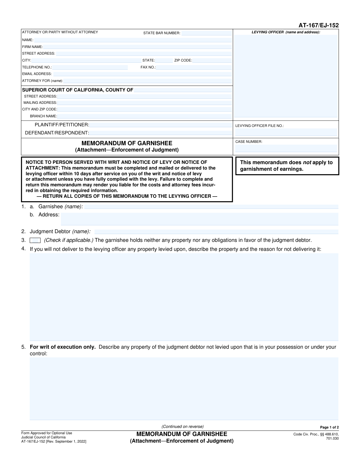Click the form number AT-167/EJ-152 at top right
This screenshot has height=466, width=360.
point(318,26)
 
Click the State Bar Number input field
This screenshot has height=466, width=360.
point(207,33)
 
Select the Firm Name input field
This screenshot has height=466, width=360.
point(137,47)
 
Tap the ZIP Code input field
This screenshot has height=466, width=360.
point(212,60)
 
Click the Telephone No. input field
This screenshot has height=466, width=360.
point(90,67)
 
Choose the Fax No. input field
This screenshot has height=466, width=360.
point(194,67)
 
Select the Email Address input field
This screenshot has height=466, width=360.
point(142,74)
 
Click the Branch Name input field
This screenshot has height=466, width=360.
point(145,116)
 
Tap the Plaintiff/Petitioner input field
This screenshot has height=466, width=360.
point(161,125)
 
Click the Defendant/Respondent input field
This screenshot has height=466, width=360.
point(161,133)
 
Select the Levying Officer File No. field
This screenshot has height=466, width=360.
point(286,132)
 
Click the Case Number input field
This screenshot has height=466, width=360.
point(286,148)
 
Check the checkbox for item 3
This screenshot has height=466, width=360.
point(35,240)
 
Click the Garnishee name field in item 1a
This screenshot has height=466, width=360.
point(211,207)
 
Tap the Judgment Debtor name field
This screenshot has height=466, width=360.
point(216,232)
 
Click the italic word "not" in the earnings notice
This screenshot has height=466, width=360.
point(307,163)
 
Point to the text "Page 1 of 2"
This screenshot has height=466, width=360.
point(329,427)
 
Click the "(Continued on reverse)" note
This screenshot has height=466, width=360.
point(182,426)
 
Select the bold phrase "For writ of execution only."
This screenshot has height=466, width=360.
point(63,347)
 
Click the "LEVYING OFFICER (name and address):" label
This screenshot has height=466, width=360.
point(286,32)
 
